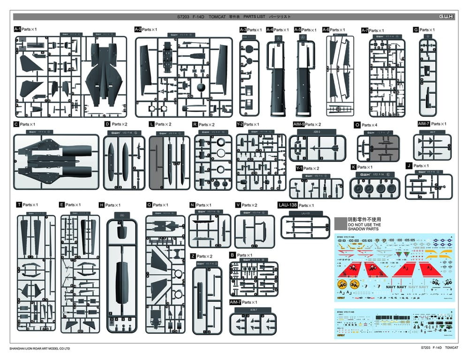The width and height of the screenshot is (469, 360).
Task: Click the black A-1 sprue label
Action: point(17,29)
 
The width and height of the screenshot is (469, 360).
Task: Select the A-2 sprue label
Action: point(138,29)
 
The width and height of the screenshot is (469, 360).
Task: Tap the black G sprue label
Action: point(416,30)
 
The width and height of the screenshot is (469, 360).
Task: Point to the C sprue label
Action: point(16,124)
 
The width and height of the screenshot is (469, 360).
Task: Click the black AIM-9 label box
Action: point(299,124)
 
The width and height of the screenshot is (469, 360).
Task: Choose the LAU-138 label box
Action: point(287,205)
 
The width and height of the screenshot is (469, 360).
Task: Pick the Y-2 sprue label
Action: point(240,124)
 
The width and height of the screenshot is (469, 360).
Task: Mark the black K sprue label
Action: point(353,167)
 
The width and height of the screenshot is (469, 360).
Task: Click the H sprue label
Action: point(101,205)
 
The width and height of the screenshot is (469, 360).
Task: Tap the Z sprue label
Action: point(193,256)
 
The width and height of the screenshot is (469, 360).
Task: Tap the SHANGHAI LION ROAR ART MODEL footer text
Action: point(40,349)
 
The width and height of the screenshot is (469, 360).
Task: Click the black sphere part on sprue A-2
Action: point(201,88)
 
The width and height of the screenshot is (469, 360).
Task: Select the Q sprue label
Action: point(149,205)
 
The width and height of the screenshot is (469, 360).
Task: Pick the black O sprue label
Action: point(357,125)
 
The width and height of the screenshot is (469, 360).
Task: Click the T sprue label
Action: point(19,205)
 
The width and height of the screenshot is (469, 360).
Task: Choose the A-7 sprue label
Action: point(365,30)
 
